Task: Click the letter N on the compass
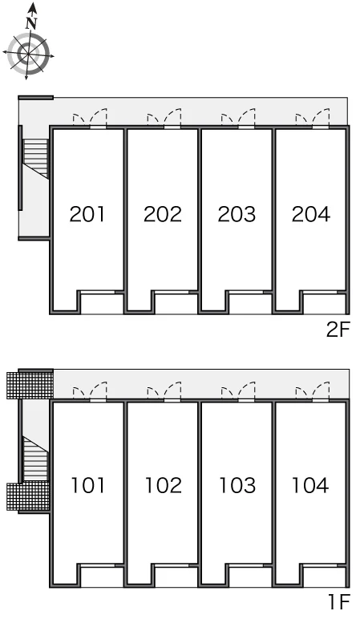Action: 31,24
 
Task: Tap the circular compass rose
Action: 28,53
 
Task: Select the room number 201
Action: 87,214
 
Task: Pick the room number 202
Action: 162,214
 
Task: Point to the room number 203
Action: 237,214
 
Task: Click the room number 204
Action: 310,214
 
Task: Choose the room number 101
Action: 87,486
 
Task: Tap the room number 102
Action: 163,486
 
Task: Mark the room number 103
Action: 237,486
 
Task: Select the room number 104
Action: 310,486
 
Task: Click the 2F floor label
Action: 338,330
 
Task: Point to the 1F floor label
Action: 339,602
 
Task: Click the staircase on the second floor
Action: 36,158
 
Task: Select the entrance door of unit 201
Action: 90,119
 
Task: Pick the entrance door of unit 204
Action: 313,119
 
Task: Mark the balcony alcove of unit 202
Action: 176,303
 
